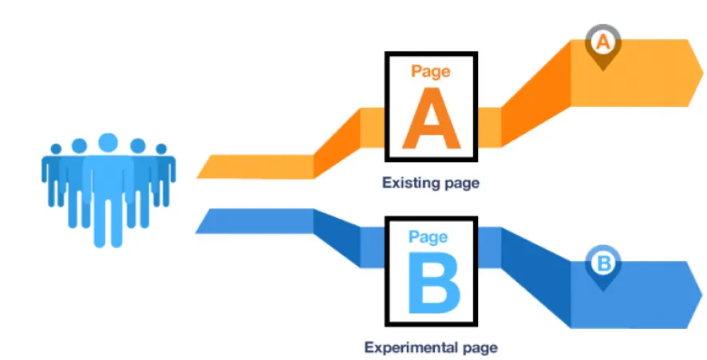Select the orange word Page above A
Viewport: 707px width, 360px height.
pos(431,71)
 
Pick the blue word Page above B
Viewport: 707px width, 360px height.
pos(429,236)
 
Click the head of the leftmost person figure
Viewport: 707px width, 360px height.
pos(56,148)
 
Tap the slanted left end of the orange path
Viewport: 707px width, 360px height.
pos(204,167)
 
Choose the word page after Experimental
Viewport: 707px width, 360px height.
pos(475,348)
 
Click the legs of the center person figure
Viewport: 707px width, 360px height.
pos(108,220)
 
